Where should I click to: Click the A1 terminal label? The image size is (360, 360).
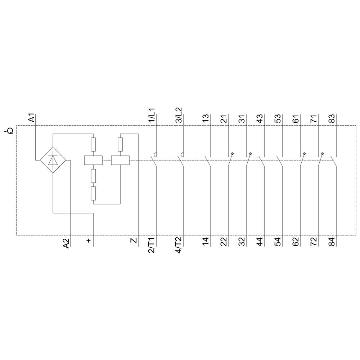(x=32, y=118)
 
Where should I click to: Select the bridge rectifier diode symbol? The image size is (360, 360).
(x=53, y=160)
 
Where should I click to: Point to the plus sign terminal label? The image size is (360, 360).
(x=89, y=240)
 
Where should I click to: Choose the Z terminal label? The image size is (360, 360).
(x=134, y=240)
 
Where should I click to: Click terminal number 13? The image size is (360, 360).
(x=206, y=118)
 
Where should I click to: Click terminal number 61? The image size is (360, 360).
(x=296, y=118)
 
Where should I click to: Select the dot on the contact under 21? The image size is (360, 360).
(x=232, y=154)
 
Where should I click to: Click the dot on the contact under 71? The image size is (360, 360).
(x=322, y=154)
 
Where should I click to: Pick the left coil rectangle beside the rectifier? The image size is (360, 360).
(x=93, y=160)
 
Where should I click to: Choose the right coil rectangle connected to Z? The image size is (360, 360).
(x=120, y=160)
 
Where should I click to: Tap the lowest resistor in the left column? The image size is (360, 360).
(x=93, y=193)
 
